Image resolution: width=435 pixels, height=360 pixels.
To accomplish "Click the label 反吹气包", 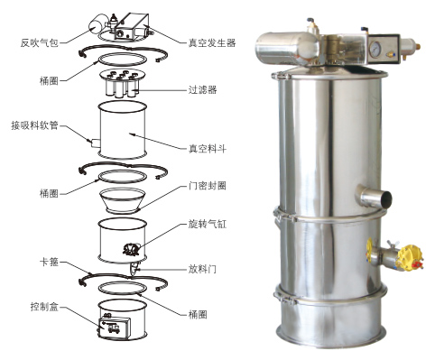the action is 39,43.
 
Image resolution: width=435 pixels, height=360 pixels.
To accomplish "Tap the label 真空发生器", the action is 212,43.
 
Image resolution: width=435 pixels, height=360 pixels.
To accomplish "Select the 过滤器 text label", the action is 202,89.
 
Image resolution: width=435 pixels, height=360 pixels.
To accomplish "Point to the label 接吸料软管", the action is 34,125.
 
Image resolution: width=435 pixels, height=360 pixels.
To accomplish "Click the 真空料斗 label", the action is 208,149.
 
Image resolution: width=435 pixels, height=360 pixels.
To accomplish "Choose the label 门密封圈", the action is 208,186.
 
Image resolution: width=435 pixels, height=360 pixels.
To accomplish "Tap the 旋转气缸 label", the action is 208,224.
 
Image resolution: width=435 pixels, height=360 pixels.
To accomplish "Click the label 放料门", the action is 202,269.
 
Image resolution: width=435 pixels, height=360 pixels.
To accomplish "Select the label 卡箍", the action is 49,262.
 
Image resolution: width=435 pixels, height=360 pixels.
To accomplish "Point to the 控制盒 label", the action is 44,307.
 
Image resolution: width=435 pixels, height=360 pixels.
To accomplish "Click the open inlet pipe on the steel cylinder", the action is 375,197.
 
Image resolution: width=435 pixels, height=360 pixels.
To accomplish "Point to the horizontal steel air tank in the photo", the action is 287,47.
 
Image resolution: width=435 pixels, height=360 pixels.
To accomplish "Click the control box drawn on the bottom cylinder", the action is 115,328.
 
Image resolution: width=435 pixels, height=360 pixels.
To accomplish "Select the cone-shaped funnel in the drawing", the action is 123,200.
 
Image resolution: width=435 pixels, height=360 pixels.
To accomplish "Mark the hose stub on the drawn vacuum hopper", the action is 96,143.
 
